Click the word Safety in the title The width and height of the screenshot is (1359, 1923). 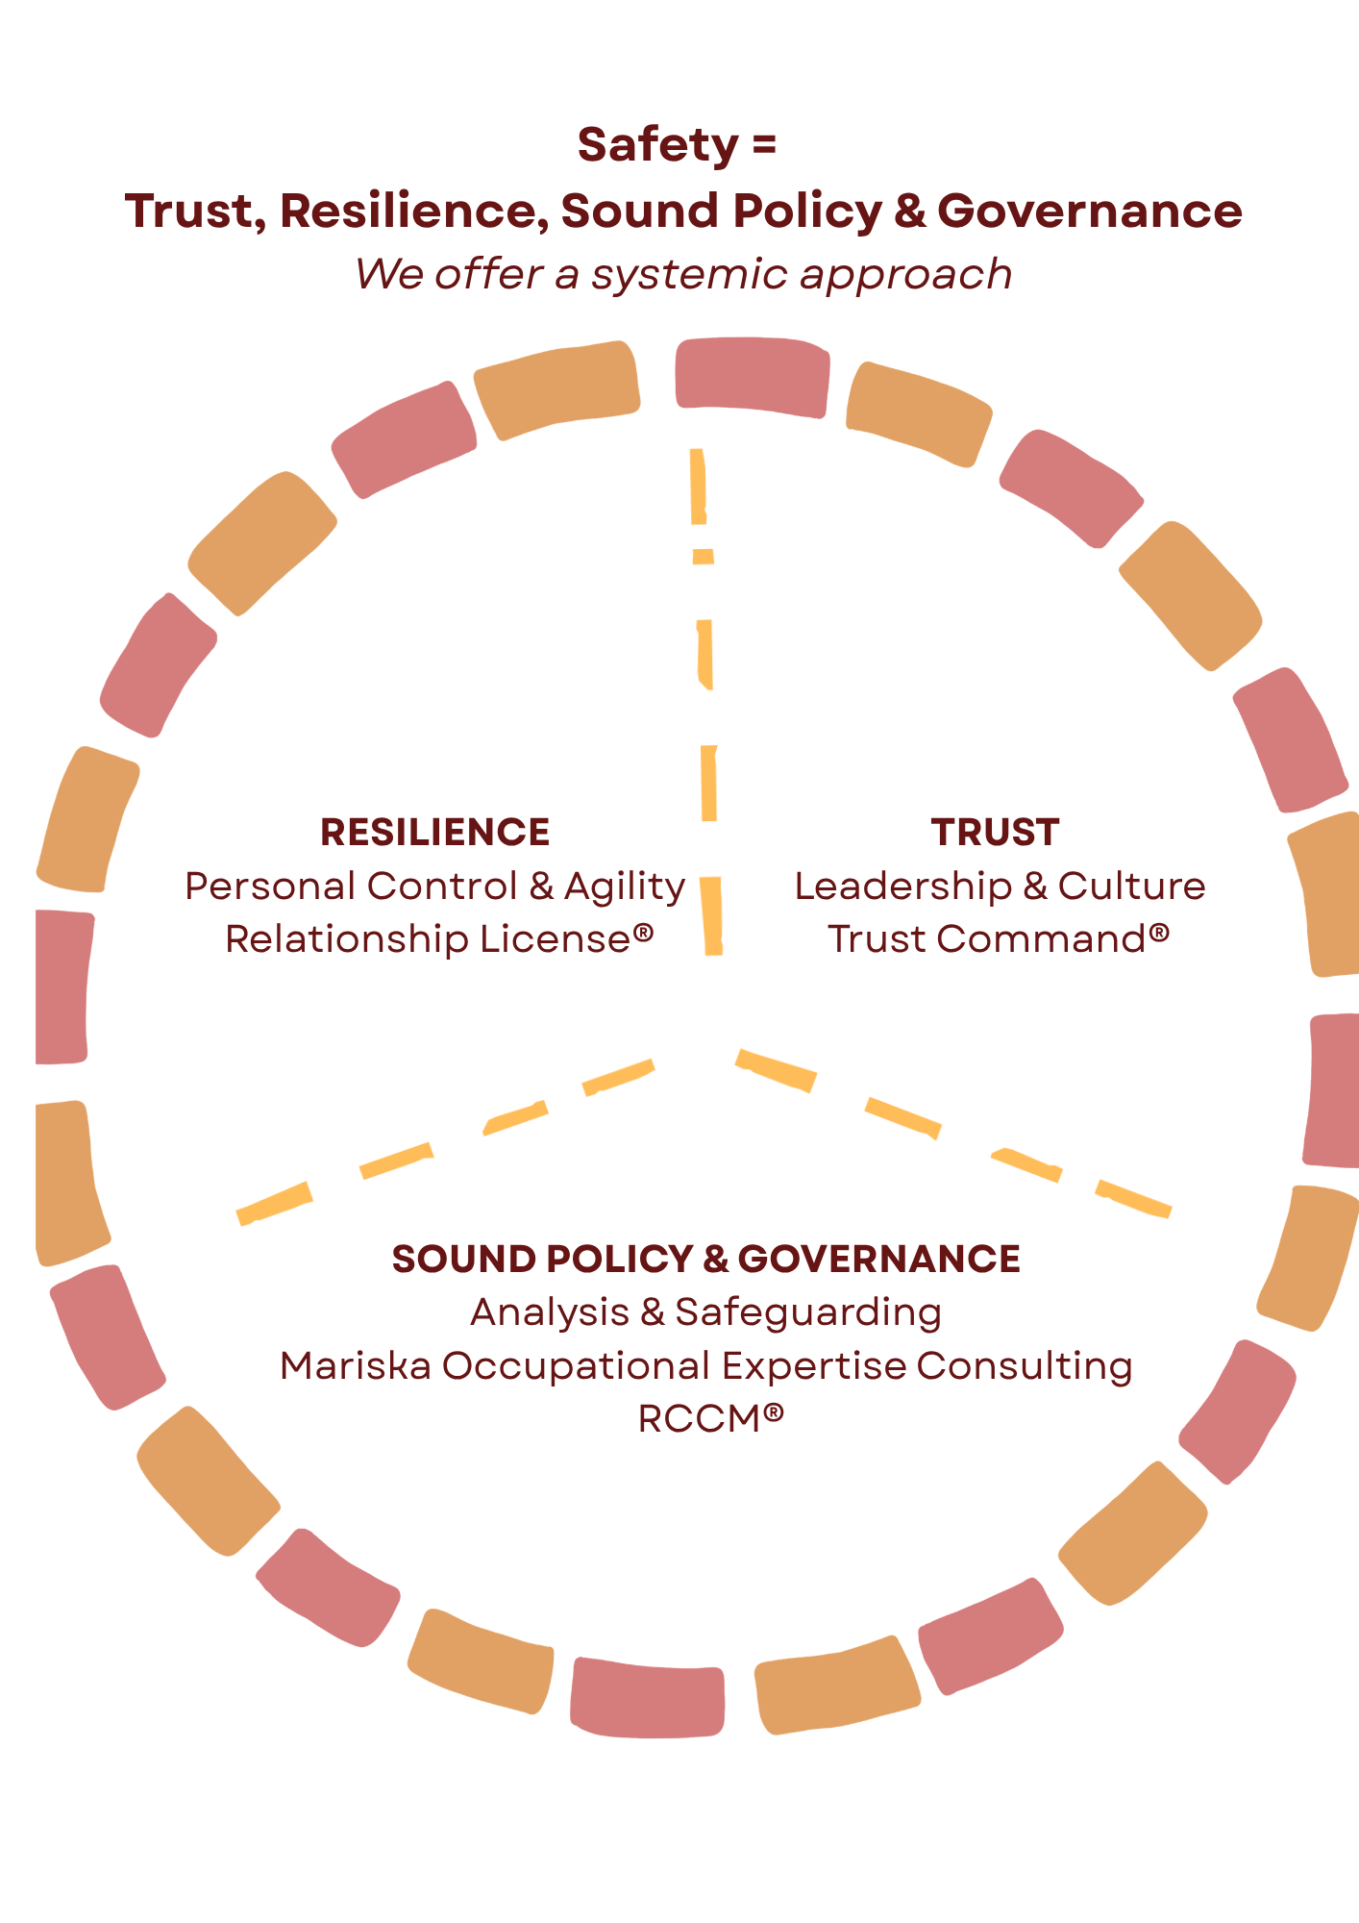pos(657,146)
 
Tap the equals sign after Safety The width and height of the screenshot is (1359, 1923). pos(764,146)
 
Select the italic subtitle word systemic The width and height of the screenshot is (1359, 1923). pos(690,274)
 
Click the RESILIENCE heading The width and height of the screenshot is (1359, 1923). pos(434,833)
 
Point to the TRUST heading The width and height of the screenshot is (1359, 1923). pos(995,833)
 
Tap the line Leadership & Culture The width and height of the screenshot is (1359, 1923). pos(1000,887)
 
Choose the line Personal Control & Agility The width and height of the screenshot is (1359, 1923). pos(434,887)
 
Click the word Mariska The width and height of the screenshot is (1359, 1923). pos(356,1366)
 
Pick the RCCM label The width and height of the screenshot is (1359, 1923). pos(700,1419)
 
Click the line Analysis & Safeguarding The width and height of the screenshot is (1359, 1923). pos(706,1312)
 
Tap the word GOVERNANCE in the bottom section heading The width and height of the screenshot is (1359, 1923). pos(878,1260)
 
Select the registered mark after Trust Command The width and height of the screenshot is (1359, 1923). pos(1159,933)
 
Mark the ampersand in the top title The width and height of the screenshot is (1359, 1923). pos(908,212)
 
